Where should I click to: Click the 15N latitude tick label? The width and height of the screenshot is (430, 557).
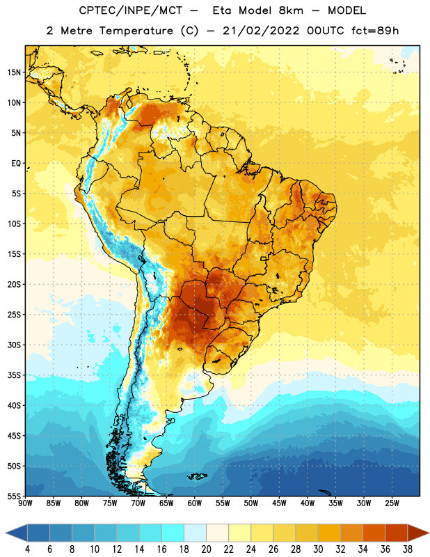click(14, 72)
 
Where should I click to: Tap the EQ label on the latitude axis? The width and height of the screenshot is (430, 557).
click(16, 164)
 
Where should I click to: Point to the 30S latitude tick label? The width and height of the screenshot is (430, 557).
click(14, 345)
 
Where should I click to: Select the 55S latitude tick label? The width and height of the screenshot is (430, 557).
click(14, 496)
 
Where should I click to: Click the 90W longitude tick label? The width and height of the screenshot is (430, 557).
click(25, 503)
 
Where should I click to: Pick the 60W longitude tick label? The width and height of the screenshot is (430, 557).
click(195, 503)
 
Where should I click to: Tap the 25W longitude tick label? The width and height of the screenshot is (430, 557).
click(392, 503)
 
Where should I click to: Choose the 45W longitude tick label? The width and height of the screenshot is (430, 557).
click(279, 503)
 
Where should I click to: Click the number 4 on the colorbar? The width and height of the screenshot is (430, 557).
click(27, 549)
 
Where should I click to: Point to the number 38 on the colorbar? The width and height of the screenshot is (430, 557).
click(407, 549)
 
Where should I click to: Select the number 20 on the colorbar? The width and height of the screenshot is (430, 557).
click(206, 549)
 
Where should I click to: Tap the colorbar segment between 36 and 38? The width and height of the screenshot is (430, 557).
click(397, 533)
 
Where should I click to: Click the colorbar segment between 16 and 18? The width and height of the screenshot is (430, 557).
click(173, 533)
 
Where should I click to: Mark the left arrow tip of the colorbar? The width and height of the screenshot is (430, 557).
click(6, 533)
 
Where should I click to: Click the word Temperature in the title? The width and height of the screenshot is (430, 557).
click(136, 31)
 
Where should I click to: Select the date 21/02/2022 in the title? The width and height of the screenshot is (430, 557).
click(262, 31)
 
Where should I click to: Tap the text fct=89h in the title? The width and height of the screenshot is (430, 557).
click(375, 31)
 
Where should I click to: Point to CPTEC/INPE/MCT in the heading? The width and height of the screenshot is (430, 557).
click(131, 10)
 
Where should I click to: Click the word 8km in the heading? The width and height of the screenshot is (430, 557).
click(291, 10)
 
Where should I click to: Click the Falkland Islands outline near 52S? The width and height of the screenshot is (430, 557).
click(197, 476)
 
